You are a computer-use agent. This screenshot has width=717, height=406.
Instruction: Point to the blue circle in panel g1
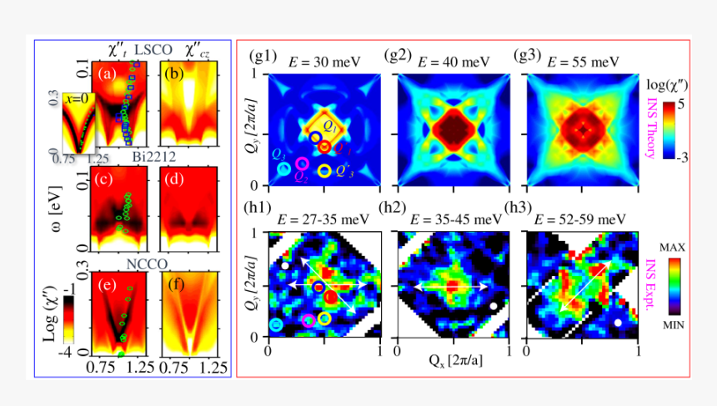[x=316, y=137]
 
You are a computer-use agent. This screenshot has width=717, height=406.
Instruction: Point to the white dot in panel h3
[x=618, y=321]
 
